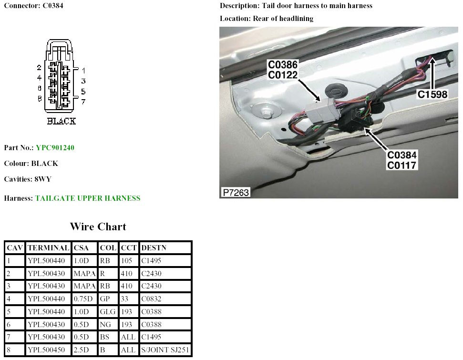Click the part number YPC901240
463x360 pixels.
click(55, 148)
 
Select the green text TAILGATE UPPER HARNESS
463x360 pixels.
click(88, 198)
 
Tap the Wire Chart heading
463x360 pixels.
click(98, 226)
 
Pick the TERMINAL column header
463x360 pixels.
click(49, 248)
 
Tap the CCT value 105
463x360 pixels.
click(127, 261)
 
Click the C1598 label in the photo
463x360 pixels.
click(432, 94)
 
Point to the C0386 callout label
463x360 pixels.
click(283, 65)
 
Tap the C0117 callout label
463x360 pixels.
click(402, 165)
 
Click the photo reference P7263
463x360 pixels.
click(236, 193)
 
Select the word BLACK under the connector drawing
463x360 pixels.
click(61, 121)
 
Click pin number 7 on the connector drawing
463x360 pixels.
click(83, 102)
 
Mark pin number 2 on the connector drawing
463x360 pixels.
click(40, 68)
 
